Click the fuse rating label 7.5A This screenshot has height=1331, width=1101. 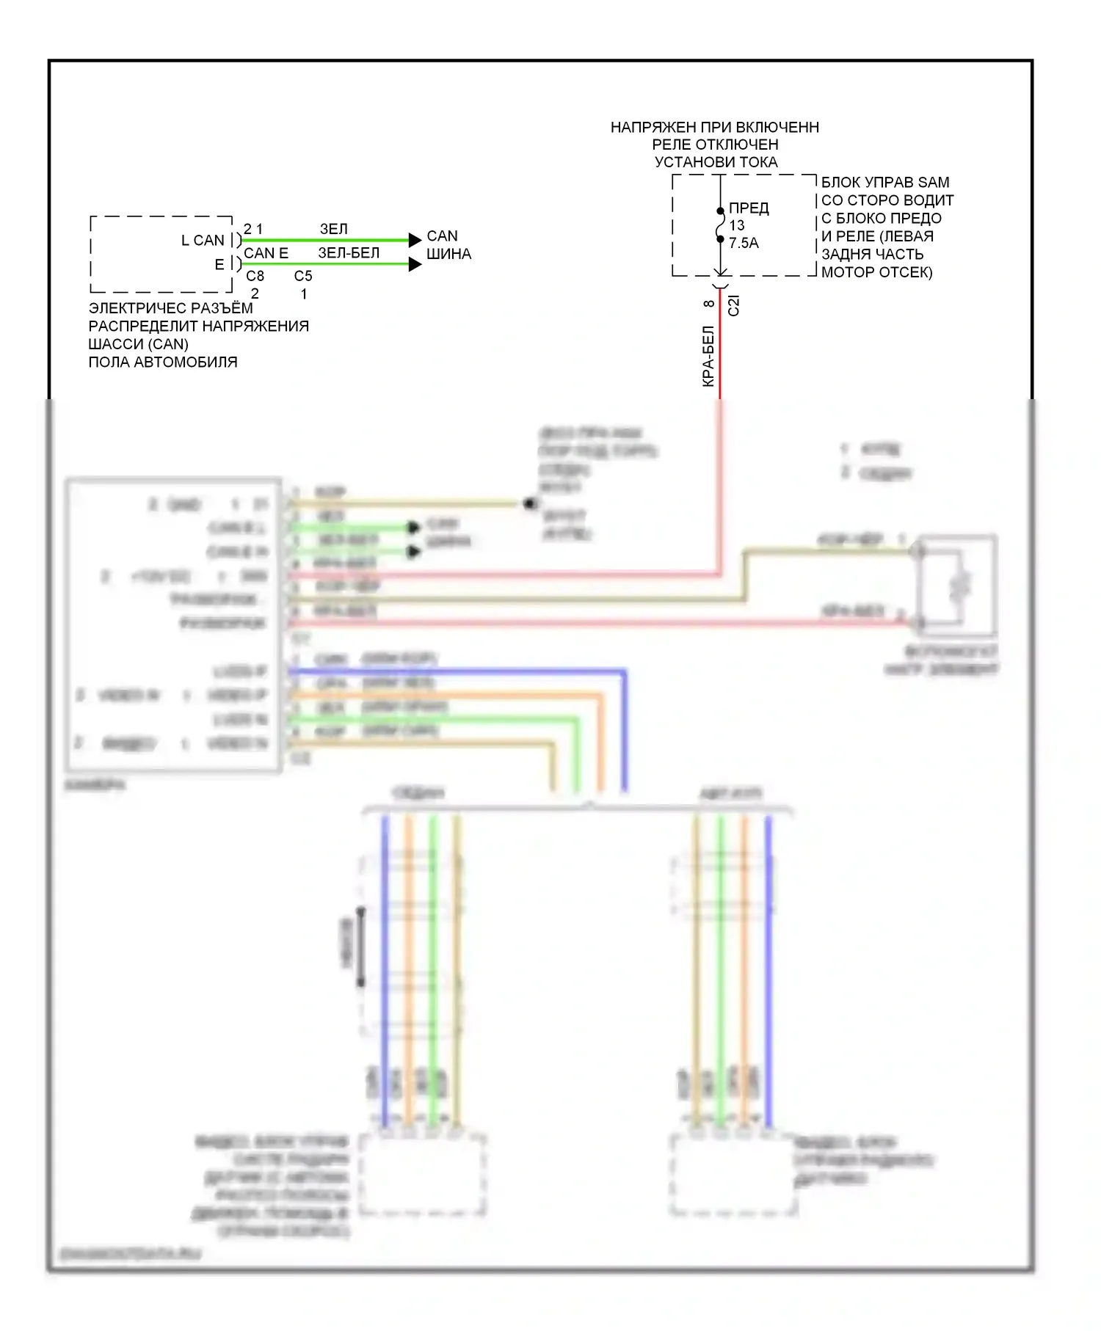[744, 243]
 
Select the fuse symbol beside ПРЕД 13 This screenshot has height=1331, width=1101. [720, 225]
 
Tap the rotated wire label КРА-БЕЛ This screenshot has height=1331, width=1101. [708, 357]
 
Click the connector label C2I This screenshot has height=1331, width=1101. [733, 305]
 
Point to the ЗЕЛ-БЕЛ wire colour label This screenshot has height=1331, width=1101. [349, 253]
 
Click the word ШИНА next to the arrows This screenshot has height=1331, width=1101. [448, 254]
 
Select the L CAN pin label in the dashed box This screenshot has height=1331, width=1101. [203, 241]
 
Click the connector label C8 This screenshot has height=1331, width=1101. [255, 276]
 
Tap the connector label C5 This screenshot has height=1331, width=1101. [303, 276]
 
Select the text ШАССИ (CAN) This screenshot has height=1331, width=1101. [138, 344]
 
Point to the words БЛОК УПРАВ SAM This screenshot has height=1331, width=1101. [884, 182]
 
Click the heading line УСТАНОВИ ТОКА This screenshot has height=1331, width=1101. [716, 162]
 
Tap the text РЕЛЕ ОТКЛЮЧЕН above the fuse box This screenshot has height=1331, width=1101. [715, 145]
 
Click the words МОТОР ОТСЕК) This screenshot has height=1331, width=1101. [876, 272]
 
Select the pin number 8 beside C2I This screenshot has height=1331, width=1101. [708, 303]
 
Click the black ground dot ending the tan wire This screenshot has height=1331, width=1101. [530, 504]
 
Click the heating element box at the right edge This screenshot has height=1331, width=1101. [958, 586]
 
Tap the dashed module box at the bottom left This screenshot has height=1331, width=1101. [423, 1175]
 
